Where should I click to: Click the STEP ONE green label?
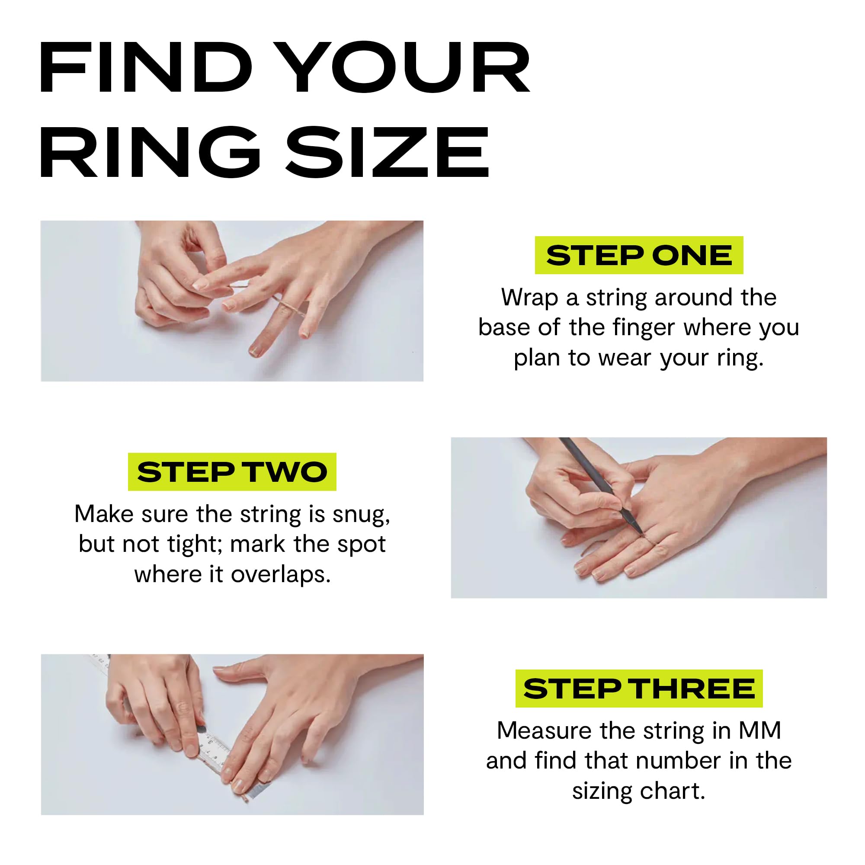click(639, 255)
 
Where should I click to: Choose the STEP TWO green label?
click(232, 472)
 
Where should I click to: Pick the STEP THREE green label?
click(639, 689)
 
